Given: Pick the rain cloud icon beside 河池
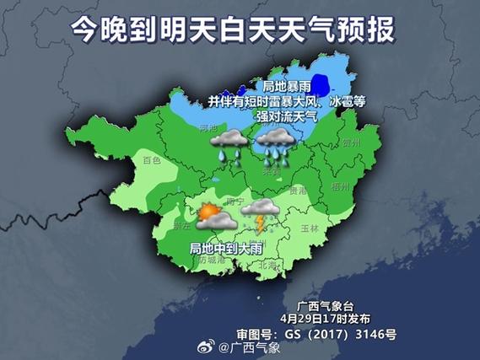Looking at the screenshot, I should [225, 145].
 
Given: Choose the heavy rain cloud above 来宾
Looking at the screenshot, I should [275, 145].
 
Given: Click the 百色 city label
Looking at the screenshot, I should [151, 159].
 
